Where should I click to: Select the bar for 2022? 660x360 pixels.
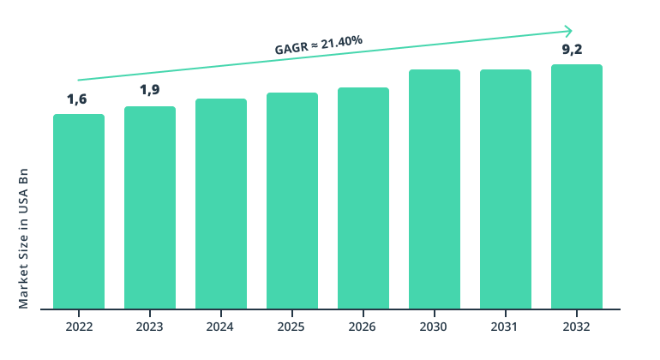[x=79, y=211]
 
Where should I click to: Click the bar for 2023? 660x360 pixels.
[x=150, y=207]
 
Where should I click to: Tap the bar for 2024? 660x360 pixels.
[x=221, y=203]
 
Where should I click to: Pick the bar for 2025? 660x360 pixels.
[x=292, y=201]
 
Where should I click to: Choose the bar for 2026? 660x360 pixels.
[x=363, y=198]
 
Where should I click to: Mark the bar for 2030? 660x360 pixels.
[x=435, y=189]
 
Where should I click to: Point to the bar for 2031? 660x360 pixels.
[x=506, y=189]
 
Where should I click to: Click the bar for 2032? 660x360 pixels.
[x=577, y=186]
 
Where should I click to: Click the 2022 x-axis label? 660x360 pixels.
[x=79, y=327]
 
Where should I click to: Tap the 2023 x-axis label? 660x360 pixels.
[x=150, y=327]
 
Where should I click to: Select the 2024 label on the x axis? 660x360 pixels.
[x=221, y=327]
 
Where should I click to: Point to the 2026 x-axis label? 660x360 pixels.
[x=363, y=327]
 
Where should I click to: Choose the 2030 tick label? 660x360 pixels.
[x=435, y=327]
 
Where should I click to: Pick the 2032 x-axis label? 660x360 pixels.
[x=577, y=327]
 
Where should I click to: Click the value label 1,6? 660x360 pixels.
[x=77, y=99]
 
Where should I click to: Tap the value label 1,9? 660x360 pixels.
[x=150, y=90]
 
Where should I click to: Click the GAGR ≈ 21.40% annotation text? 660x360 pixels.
[x=319, y=45]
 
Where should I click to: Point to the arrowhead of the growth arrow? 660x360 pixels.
[x=569, y=30]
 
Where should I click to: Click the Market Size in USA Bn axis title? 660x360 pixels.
[x=24, y=238]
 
